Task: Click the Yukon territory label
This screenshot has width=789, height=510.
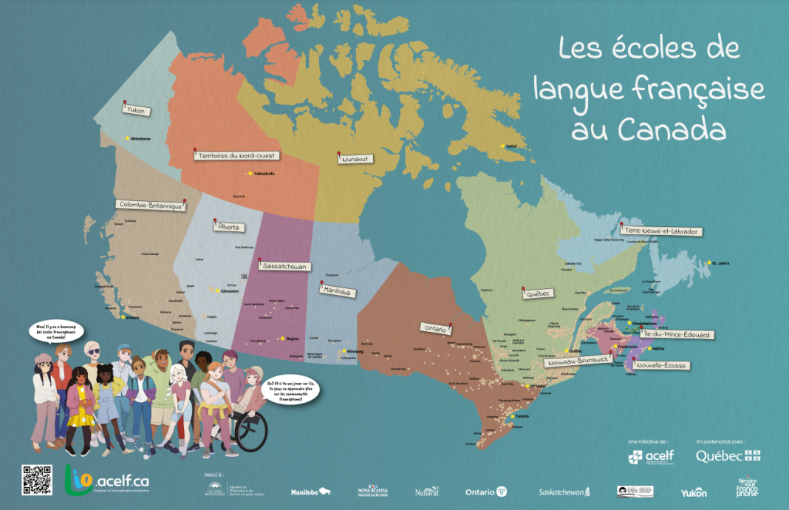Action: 137,111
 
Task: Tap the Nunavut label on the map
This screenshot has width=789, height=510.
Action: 355,158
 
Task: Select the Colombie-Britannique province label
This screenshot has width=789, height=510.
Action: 150,204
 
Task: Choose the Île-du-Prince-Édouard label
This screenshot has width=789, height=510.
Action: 677,335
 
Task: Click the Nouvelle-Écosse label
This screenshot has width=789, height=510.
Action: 659,365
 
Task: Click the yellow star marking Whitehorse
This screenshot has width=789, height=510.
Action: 126,138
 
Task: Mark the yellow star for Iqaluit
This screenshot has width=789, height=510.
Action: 503,146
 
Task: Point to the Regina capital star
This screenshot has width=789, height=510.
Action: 282,339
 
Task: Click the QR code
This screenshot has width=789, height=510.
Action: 37,480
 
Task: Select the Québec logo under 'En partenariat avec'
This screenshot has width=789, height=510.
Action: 728,456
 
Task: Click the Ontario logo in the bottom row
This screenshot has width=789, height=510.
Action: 485,492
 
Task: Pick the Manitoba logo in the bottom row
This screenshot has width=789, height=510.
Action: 310,492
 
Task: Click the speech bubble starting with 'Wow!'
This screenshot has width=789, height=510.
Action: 56,330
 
